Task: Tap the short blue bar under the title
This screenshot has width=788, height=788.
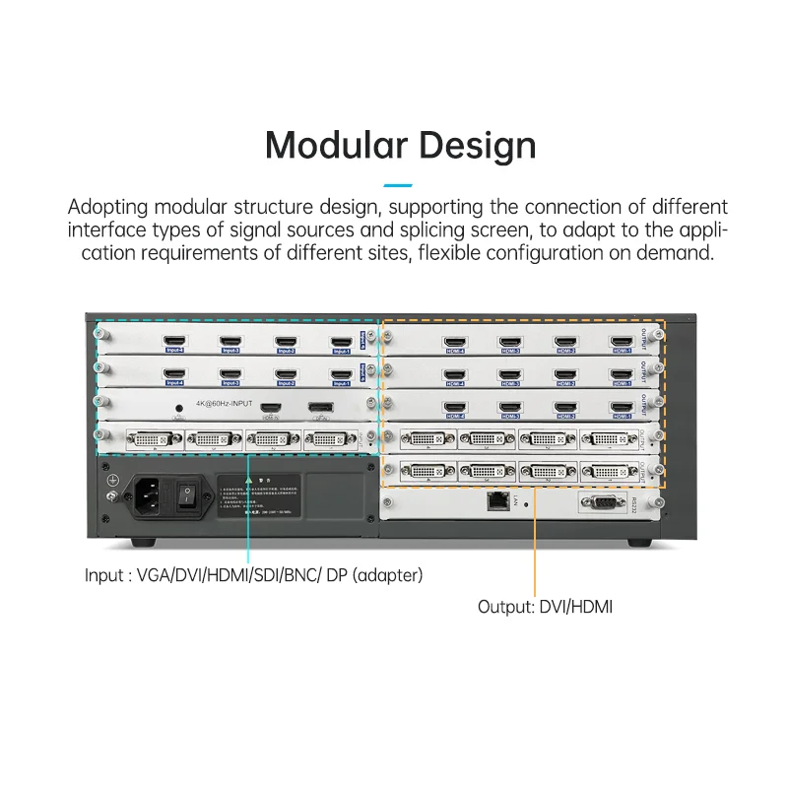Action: (x=397, y=185)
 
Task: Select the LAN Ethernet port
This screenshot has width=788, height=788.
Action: (x=496, y=500)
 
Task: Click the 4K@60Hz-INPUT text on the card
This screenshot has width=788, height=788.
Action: (x=225, y=405)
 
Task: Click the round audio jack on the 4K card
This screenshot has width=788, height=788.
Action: (x=178, y=407)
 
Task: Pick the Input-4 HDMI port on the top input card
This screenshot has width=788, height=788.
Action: (x=174, y=342)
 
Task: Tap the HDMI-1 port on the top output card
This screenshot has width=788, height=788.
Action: (x=621, y=342)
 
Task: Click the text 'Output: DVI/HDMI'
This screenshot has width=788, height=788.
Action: (x=545, y=607)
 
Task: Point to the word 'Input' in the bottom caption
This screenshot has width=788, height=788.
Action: (x=104, y=574)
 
